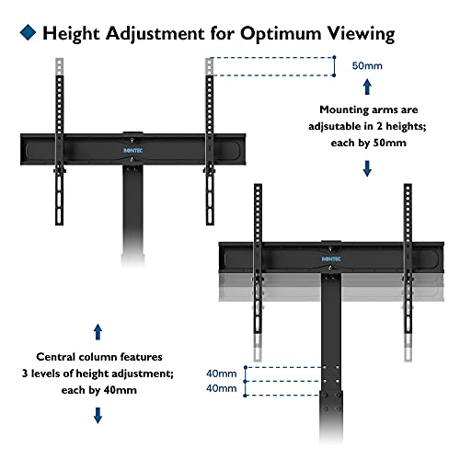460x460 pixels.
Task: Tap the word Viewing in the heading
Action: pyautogui.click(x=362, y=34)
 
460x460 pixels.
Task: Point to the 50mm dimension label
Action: pyautogui.click(x=368, y=66)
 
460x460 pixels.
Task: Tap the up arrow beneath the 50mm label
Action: pyautogui.click(x=368, y=87)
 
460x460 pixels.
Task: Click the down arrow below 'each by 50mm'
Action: pyautogui.click(x=368, y=168)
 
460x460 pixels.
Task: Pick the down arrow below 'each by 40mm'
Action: pyautogui.click(x=98, y=415)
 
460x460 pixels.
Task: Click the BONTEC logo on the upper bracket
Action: pyautogui.click(x=134, y=144)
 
